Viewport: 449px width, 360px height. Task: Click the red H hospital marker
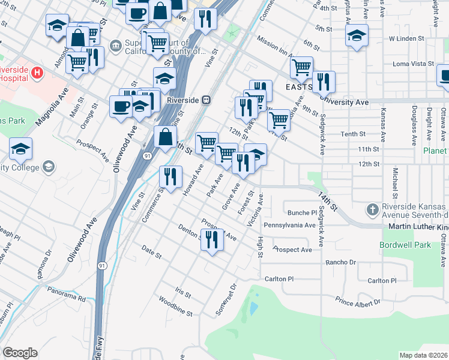point(37,73)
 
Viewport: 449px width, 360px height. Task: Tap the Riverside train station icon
point(206,100)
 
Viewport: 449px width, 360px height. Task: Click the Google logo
point(20,353)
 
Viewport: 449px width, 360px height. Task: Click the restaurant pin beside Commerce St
point(170,176)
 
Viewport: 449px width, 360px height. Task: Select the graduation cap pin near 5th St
point(357,35)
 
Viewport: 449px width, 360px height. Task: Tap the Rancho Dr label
point(340,262)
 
